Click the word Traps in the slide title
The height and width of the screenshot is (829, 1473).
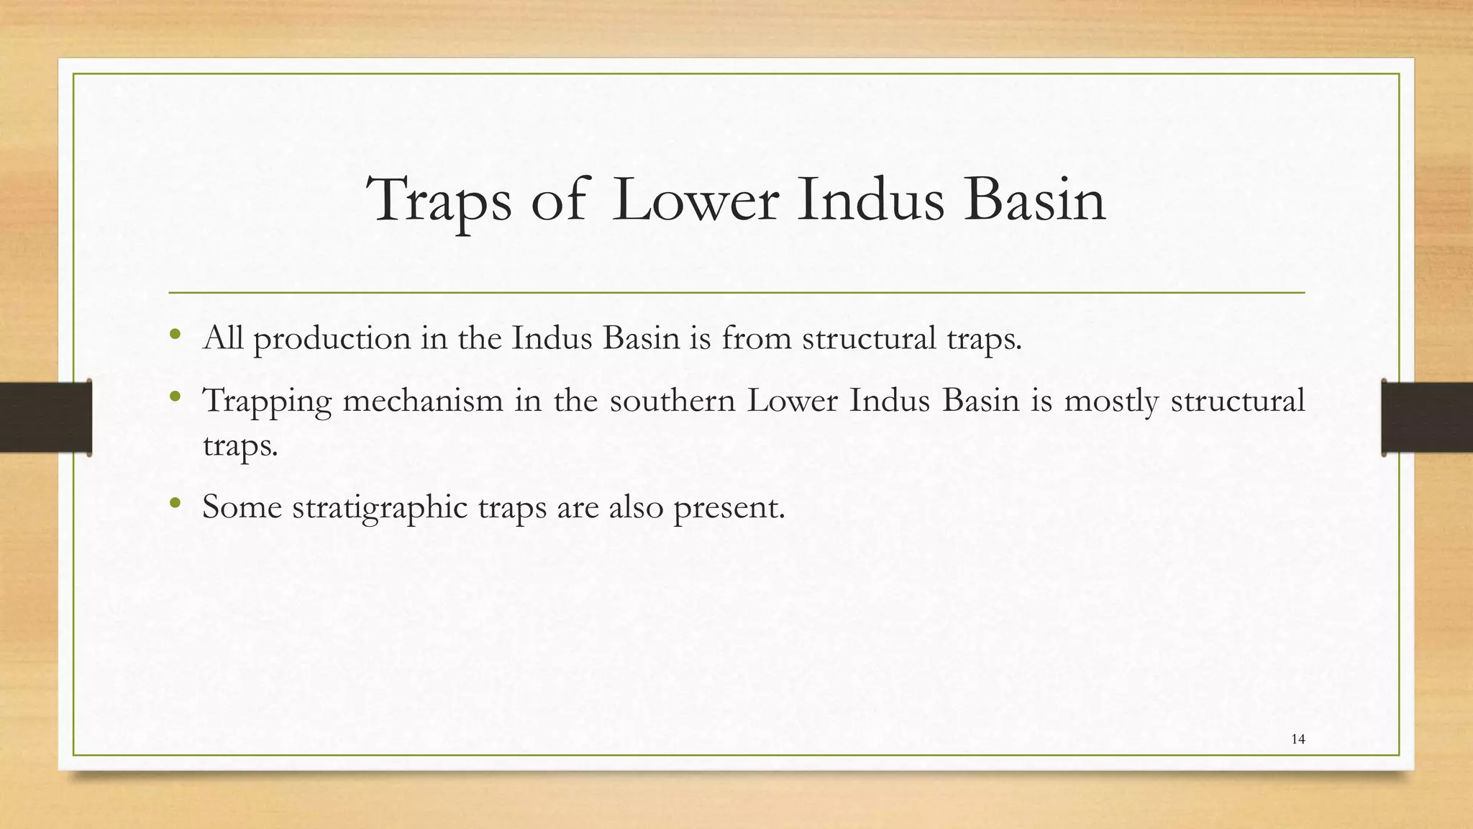[441, 200]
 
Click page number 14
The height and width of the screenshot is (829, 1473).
[1298, 739]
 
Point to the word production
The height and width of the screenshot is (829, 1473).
[332, 339]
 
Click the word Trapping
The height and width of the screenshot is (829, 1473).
[267, 401]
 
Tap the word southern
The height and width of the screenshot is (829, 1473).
[672, 400]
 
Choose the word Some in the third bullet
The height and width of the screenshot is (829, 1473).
[242, 507]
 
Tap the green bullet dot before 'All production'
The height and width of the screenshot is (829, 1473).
[175, 335]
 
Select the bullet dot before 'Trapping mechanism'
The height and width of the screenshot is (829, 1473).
[175, 397]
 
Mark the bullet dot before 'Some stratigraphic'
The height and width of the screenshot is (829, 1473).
[175, 503]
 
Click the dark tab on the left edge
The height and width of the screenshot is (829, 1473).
[45, 417]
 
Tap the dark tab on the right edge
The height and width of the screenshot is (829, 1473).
[1427, 417]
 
